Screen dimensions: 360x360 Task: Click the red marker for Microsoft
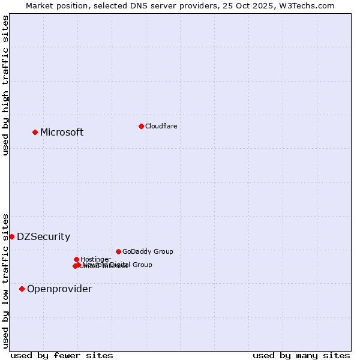(35, 132)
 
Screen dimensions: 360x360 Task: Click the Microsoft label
(62, 133)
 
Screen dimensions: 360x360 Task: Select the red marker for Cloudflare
(141, 126)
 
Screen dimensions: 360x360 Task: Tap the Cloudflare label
(161, 126)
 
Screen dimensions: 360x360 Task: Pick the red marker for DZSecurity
(11, 236)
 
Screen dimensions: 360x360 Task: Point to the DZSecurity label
(43, 237)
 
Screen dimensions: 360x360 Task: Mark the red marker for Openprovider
(22, 289)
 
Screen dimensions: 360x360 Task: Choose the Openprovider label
(59, 289)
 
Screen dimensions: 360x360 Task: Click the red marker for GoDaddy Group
(118, 251)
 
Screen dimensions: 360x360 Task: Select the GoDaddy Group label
(148, 252)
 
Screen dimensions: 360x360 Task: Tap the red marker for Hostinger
(76, 259)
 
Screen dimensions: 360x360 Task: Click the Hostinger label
(95, 260)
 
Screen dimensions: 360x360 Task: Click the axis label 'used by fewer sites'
(62, 355)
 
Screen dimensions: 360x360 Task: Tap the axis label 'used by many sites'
(301, 355)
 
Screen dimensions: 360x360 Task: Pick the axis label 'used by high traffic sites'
(5, 85)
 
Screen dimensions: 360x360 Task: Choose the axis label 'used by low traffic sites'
(5, 280)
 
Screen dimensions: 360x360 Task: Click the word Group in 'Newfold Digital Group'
(142, 265)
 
